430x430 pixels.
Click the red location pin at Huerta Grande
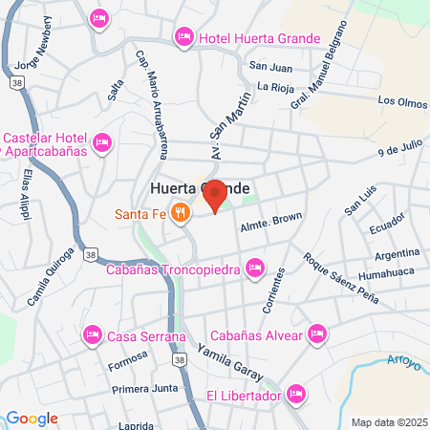(x=215, y=194)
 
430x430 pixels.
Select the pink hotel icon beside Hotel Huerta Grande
(x=184, y=37)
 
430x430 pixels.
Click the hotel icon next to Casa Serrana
(x=93, y=334)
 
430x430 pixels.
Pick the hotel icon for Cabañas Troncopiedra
(x=254, y=268)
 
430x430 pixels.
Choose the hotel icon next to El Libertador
(x=296, y=393)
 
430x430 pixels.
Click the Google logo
(x=31, y=418)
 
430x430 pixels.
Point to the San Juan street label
(x=269, y=66)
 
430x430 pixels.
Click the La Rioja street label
(x=275, y=88)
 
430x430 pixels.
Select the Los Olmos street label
(x=400, y=99)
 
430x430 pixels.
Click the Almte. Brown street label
(x=270, y=219)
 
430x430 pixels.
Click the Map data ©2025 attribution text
(x=388, y=421)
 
